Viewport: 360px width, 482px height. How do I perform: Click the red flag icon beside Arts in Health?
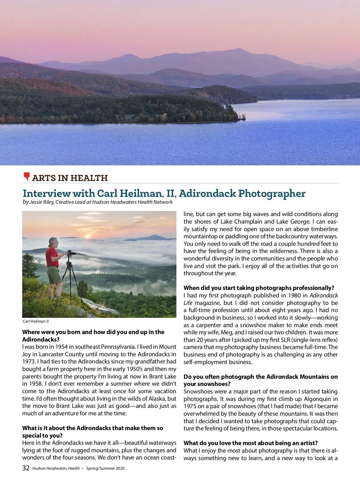(27, 176)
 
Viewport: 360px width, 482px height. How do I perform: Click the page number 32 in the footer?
(26, 468)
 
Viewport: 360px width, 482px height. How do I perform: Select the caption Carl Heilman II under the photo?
(36, 321)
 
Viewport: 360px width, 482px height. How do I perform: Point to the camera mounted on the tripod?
(71, 253)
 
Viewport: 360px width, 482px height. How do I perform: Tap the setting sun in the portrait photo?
(87, 236)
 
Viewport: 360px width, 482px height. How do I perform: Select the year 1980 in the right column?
(294, 295)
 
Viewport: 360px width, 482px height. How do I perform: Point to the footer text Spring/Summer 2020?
(105, 468)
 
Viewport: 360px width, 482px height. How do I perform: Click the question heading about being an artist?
(250, 443)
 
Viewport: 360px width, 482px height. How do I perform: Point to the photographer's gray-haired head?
(53, 242)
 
